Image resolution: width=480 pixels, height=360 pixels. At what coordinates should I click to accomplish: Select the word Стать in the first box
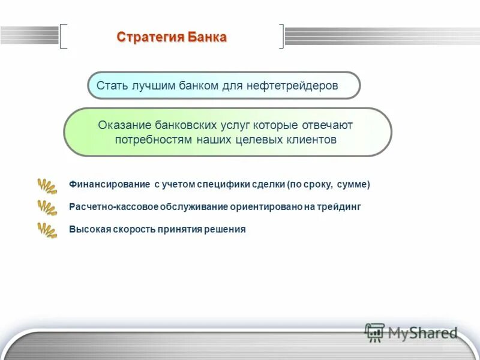pyautogui.click(x=110, y=86)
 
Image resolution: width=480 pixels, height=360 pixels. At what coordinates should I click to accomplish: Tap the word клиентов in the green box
pyautogui.click(x=314, y=139)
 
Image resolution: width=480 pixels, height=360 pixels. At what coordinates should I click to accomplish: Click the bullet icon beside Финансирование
pyautogui.click(x=47, y=185)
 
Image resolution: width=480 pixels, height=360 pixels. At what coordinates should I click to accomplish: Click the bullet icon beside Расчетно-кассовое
pyautogui.click(x=47, y=208)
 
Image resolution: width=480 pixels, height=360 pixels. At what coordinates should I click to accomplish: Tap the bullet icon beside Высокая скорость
pyautogui.click(x=47, y=230)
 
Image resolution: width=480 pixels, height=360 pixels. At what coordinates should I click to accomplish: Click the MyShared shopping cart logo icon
pyautogui.click(x=374, y=332)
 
